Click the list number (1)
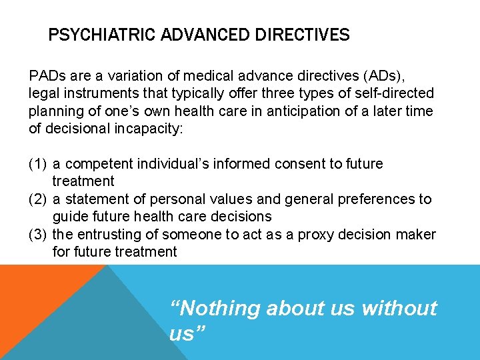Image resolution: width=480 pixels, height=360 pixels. tap(37, 164)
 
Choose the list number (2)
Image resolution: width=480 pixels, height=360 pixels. tap(37, 199)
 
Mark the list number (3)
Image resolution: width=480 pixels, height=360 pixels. tap(37, 235)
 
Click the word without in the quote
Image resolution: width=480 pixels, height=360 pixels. tap(399, 309)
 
